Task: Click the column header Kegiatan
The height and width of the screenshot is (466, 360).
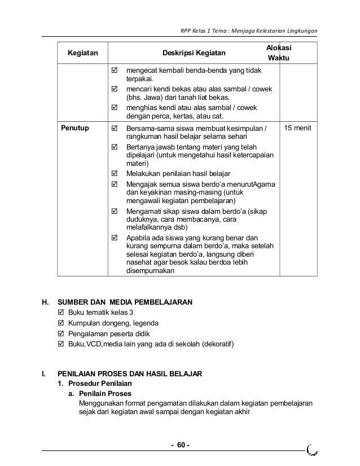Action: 82,54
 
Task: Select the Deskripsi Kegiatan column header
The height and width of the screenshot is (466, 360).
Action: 194,54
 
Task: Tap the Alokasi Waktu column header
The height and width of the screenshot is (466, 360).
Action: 279,53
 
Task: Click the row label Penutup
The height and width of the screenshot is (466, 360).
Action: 74,129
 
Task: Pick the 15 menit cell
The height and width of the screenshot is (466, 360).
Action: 299,129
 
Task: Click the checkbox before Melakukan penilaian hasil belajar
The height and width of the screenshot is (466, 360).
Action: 116,173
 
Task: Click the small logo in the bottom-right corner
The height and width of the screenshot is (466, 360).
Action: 312,449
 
